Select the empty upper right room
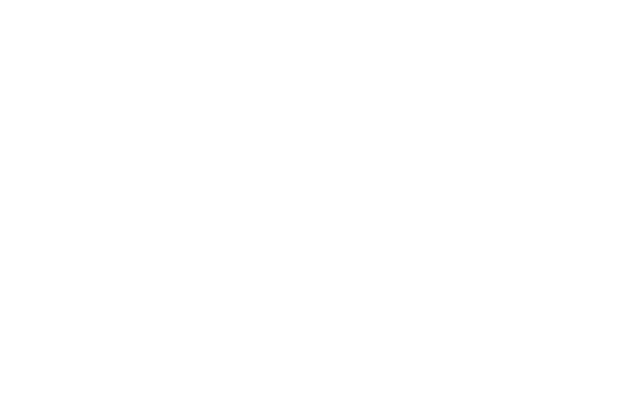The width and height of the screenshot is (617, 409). tap(497, 124)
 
